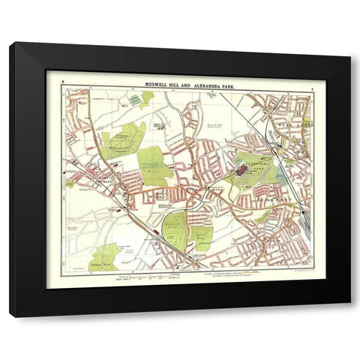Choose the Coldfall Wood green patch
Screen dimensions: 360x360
pyautogui.click(x=153, y=162)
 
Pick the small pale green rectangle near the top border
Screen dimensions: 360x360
pyautogui.click(x=136, y=99)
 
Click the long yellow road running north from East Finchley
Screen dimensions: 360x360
pyautogui.click(x=90, y=135)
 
